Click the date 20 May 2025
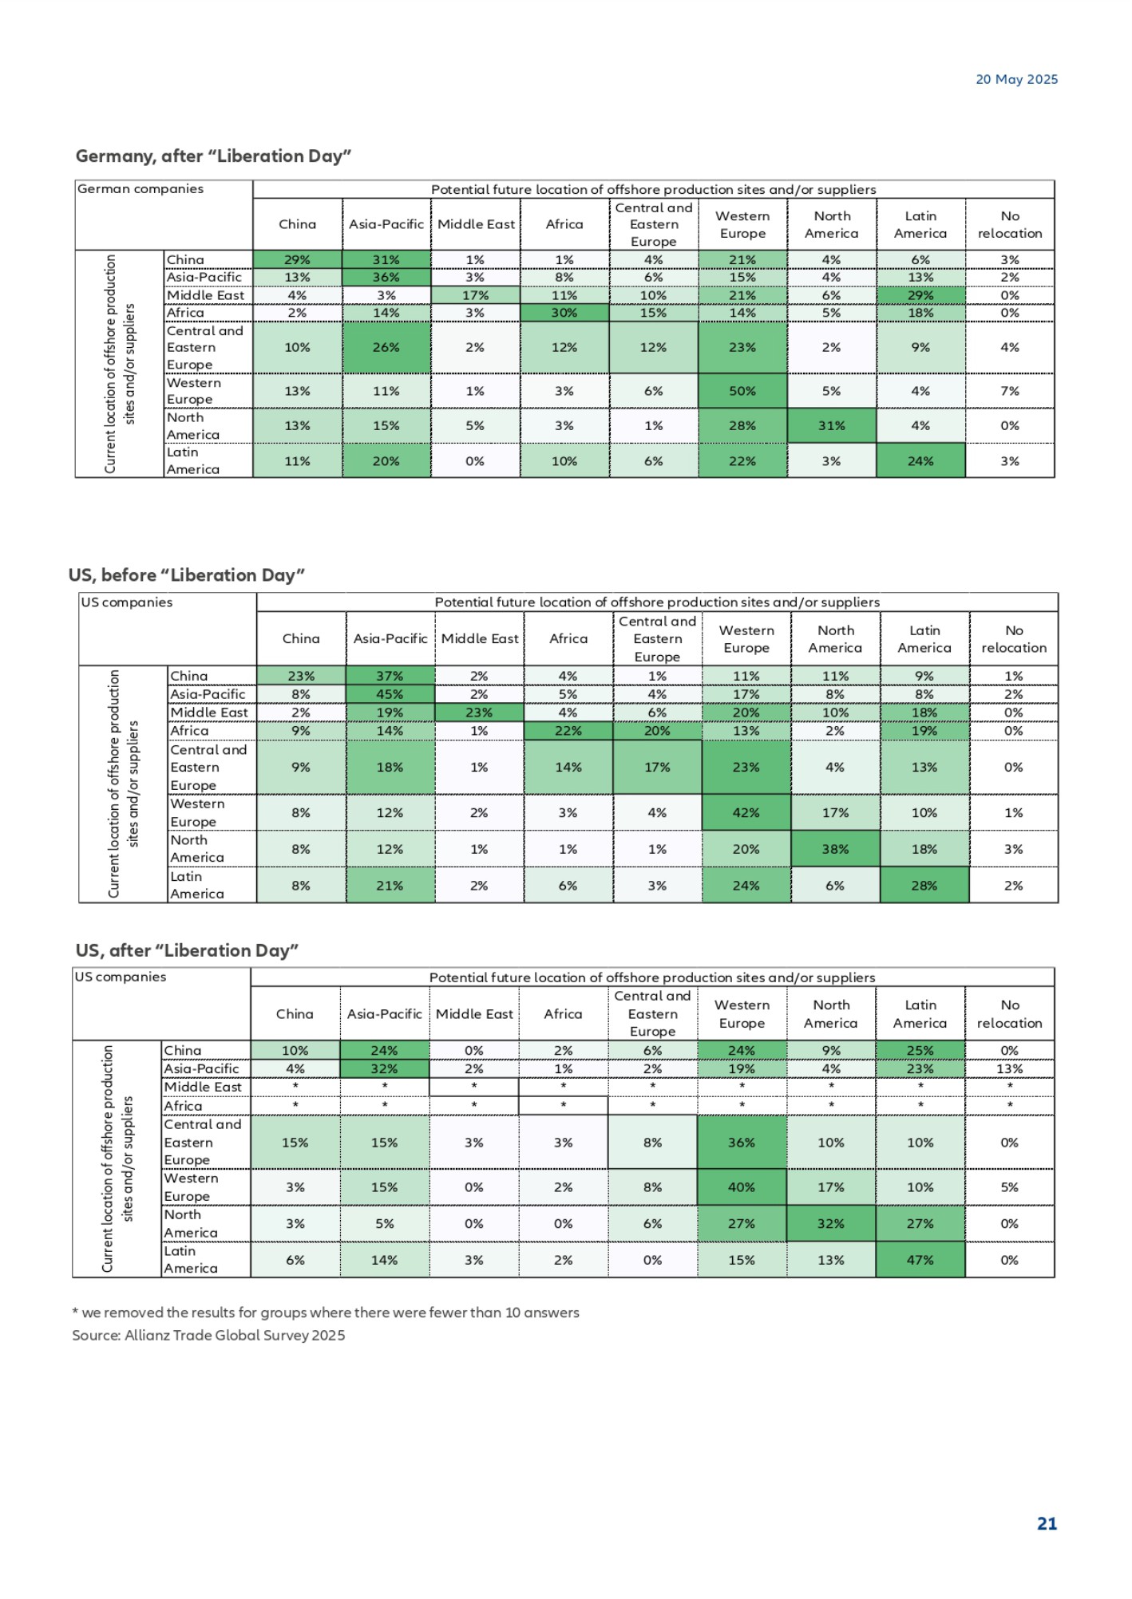click(x=1016, y=79)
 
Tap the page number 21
click(x=1047, y=1523)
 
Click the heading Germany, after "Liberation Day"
click(x=213, y=156)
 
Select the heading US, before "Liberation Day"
click(x=187, y=574)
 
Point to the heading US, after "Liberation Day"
click(x=187, y=950)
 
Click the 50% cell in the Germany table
click(x=742, y=391)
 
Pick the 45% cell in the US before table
click(x=390, y=694)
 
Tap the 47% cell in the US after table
click(x=920, y=1260)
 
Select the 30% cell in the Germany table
click(x=564, y=313)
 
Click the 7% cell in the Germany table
click(x=1010, y=391)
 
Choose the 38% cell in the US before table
click(x=835, y=849)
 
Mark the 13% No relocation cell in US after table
click(x=1009, y=1068)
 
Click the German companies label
click(x=141, y=189)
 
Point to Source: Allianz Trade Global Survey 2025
click(x=208, y=1335)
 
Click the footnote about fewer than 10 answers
click(x=326, y=1313)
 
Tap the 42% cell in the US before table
click(x=746, y=812)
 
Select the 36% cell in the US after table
click(x=742, y=1143)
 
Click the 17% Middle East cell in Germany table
click(x=475, y=295)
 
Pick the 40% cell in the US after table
click(x=742, y=1187)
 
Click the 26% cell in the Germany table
click(x=386, y=347)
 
